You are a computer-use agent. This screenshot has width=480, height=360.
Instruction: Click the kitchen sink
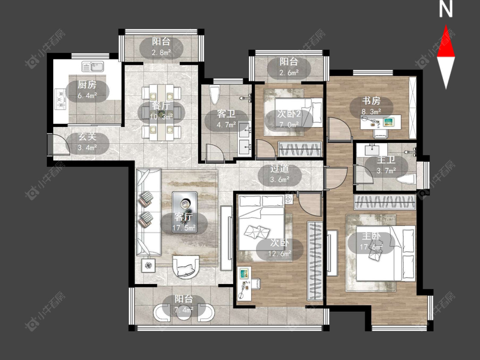click(x=93, y=66)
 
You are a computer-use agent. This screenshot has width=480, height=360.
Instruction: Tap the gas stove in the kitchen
click(x=61, y=99)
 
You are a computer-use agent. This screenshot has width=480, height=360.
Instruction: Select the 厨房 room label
click(x=87, y=84)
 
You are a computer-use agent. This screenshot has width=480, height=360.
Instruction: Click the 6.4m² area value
click(x=87, y=96)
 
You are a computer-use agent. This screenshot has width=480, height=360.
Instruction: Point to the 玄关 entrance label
click(x=87, y=136)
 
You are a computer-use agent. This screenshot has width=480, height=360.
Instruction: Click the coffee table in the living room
click(x=185, y=212)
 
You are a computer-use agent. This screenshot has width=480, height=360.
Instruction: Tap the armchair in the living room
click(x=186, y=266)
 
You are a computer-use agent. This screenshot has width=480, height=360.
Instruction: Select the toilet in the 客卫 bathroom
click(x=215, y=95)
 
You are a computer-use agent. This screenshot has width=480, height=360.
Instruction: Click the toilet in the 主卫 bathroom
click(x=406, y=179)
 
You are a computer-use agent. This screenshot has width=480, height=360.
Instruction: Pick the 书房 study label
click(x=371, y=100)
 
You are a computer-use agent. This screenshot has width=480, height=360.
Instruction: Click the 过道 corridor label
click(x=279, y=168)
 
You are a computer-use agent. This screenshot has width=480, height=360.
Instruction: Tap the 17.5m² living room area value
click(x=183, y=228)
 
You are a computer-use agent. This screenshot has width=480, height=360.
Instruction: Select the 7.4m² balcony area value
click(x=183, y=310)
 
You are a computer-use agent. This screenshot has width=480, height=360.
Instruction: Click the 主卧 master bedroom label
click(x=371, y=236)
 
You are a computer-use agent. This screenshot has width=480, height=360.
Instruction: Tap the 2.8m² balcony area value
click(x=161, y=52)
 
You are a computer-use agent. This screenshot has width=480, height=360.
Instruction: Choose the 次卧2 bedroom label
click(x=289, y=114)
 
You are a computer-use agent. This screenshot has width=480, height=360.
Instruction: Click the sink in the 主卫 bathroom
click(x=372, y=150)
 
